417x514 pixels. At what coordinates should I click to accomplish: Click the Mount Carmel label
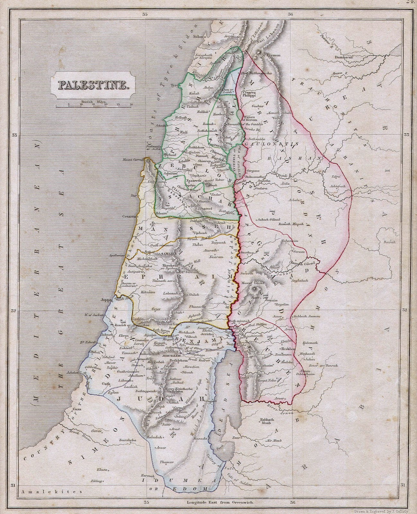[132, 160]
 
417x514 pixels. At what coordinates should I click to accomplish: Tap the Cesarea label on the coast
[128, 216]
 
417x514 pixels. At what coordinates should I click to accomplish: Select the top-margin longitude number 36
[290, 14]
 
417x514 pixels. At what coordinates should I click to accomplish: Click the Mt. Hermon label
[271, 55]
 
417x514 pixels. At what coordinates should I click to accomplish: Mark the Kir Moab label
[274, 440]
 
